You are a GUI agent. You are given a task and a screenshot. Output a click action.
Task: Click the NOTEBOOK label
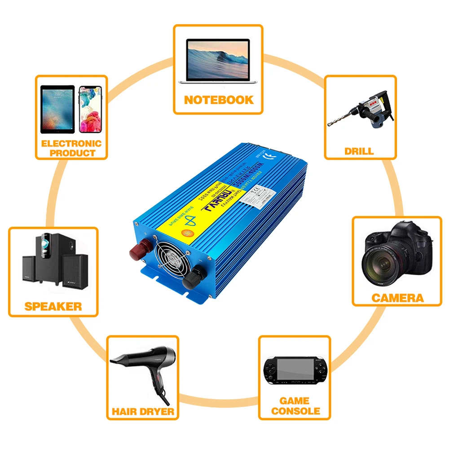click(x=219, y=99)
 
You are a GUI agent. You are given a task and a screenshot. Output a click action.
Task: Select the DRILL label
click(x=359, y=151)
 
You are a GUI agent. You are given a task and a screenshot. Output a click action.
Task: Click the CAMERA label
click(x=397, y=297)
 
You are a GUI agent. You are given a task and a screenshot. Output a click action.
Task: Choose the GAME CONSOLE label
click(x=295, y=405)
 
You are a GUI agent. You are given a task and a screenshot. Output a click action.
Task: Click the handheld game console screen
click(x=295, y=368)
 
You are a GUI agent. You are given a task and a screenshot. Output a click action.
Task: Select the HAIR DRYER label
click(x=143, y=411)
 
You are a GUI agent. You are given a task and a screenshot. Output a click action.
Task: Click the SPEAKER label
click(x=53, y=307)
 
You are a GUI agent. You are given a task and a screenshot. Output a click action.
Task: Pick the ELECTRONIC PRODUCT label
click(x=71, y=148)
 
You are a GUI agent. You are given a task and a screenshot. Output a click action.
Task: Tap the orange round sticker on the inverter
click(x=185, y=233)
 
